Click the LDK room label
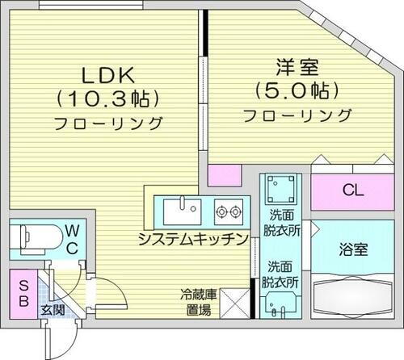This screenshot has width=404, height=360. coord(106,75)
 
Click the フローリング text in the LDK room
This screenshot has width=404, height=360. coord(108,124)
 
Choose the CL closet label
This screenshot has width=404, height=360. coord(352,191)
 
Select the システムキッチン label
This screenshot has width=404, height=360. coord(191,238)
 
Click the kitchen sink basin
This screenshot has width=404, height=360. coord(182,212)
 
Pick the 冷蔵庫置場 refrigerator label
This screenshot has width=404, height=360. coord(196,303)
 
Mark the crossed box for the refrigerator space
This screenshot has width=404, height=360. coord(236,303)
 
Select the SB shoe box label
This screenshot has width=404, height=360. coord(22,294)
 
